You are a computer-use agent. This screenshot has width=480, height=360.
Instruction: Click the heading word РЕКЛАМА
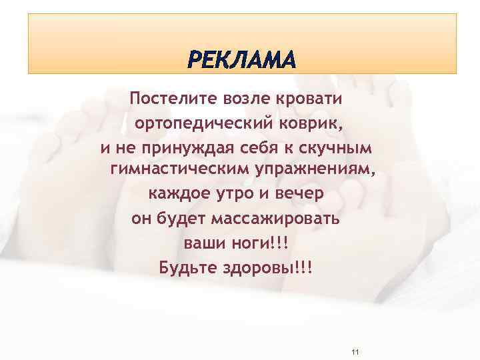[x=241, y=61]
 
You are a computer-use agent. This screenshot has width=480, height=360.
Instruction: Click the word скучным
[x=341, y=147]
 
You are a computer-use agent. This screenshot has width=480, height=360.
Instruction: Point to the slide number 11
[x=355, y=351]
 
